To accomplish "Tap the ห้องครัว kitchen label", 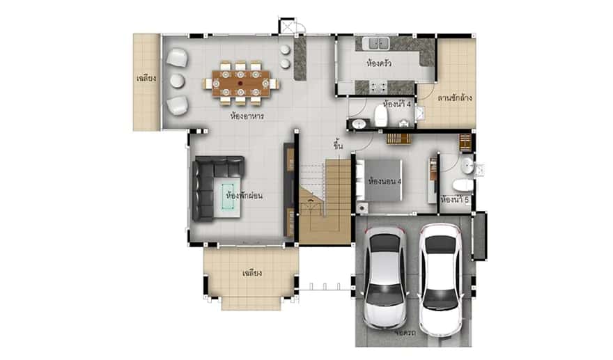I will [x=378, y=63].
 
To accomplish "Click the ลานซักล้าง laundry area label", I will [x=455, y=97].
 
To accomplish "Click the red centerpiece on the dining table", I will [x=240, y=83].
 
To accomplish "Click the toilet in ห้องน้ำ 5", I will [x=462, y=185].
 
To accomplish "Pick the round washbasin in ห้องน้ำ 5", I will [x=468, y=166].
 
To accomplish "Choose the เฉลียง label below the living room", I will [x=251, y=272].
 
